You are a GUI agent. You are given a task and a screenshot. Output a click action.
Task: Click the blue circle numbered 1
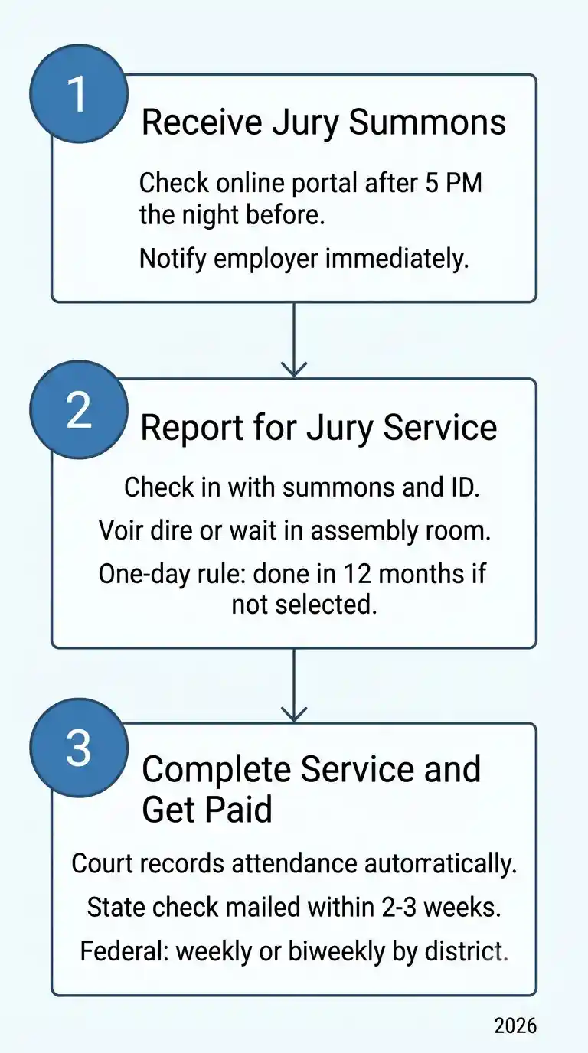tap(79, 93)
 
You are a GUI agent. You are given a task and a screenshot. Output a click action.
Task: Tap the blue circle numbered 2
tap(79, 409)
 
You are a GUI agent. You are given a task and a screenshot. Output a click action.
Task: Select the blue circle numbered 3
tap(79, 748)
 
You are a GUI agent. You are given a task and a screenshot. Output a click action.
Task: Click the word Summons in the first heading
tap(427, 122)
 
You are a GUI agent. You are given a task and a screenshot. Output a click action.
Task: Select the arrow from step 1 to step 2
tap(294, 340)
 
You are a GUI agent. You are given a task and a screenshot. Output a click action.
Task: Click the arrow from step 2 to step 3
tap(294, 685)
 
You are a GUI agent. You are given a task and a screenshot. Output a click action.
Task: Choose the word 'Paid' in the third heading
tap(239, 810)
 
